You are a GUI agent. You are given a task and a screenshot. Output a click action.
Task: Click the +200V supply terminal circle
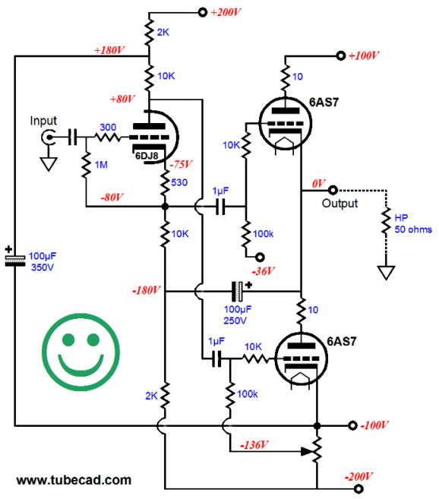coord(203,12)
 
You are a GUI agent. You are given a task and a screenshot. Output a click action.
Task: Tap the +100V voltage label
coord(364,56)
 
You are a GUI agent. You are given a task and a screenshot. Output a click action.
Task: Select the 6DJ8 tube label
coord(147,156)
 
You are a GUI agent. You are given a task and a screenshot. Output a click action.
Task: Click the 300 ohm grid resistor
coord(108,137)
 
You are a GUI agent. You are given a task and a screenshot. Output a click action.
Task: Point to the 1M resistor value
coord(101,165)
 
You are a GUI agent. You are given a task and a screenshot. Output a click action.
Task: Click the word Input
coord(43,121)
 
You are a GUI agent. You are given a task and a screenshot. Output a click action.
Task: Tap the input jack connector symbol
coord(49,137)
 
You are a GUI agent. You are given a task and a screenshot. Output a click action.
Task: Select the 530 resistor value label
coord(179,182)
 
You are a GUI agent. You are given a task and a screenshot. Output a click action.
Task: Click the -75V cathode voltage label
coord(181,164)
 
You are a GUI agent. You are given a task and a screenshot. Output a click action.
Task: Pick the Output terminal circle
coord(333,191)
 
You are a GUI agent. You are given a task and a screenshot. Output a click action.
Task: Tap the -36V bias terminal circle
coord(260,257)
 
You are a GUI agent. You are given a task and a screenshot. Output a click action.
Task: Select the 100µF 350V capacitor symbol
coord(15,260)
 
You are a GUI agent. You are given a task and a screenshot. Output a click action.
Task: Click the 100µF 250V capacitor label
coord(237,314)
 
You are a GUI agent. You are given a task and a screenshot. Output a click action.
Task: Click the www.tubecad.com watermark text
coord(74,480)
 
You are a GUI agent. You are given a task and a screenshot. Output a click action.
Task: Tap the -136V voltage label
coord(254,444)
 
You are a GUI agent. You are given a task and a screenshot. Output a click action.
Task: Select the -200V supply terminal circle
coord(358,488)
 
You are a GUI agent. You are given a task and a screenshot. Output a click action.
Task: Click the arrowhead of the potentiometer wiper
coord(308,451)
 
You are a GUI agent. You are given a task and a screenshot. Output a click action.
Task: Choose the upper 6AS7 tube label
coord(324,103)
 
